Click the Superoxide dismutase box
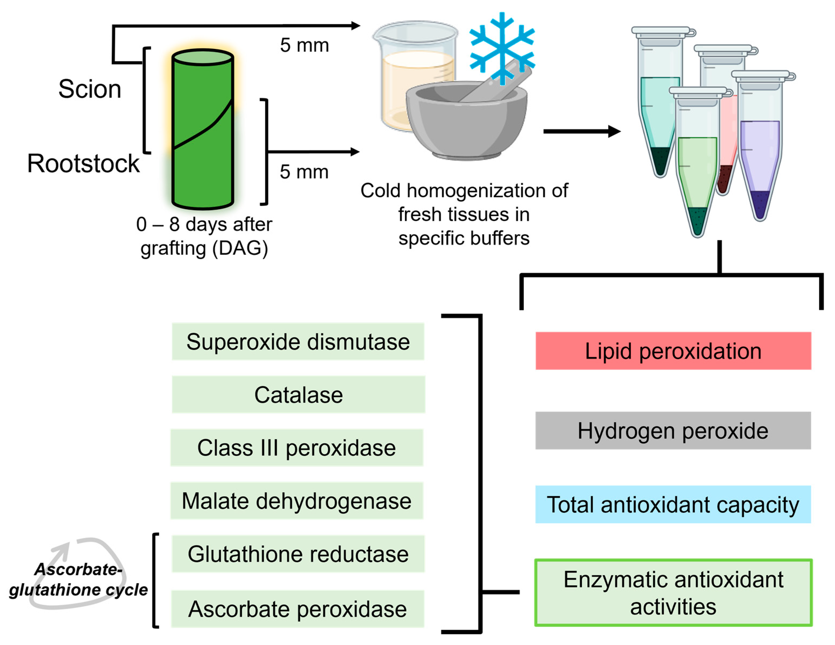(x=298, y=342)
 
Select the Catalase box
(x=298, y=395)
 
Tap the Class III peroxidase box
(x=297, y=447)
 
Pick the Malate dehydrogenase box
(x=297, y=501)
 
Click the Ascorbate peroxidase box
(x=297, y=609)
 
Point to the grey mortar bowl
(x=466, y=122)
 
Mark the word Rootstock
(x=83, y=164)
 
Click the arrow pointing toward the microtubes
(x=581, y=131)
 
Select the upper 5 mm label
(x=304, y=45)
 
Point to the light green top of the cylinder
(x=203, y=57)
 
